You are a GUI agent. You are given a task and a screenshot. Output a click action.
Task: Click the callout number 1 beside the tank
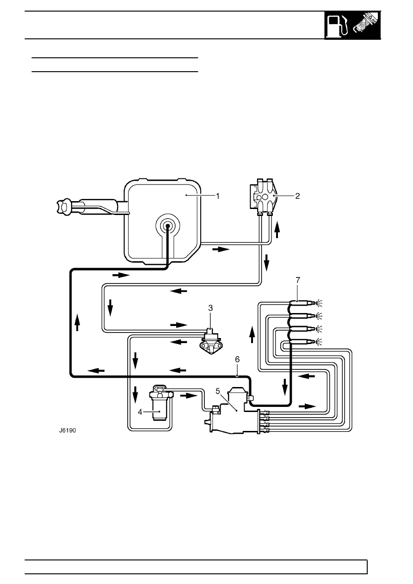pos(218,196)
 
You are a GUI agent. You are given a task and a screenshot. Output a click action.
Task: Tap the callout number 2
pos(297,196)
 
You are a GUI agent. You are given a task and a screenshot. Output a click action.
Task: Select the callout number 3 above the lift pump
pos(210,308)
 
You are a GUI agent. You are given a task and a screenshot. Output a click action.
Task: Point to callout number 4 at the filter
pos(140,412)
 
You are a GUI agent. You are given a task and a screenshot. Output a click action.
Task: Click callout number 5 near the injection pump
pos(218,391)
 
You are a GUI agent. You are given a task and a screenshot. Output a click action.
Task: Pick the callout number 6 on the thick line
pos(237,360)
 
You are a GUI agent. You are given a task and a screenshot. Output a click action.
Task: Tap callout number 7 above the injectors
pos(298,280)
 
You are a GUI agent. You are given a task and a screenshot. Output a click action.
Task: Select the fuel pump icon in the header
pos(338,25)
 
